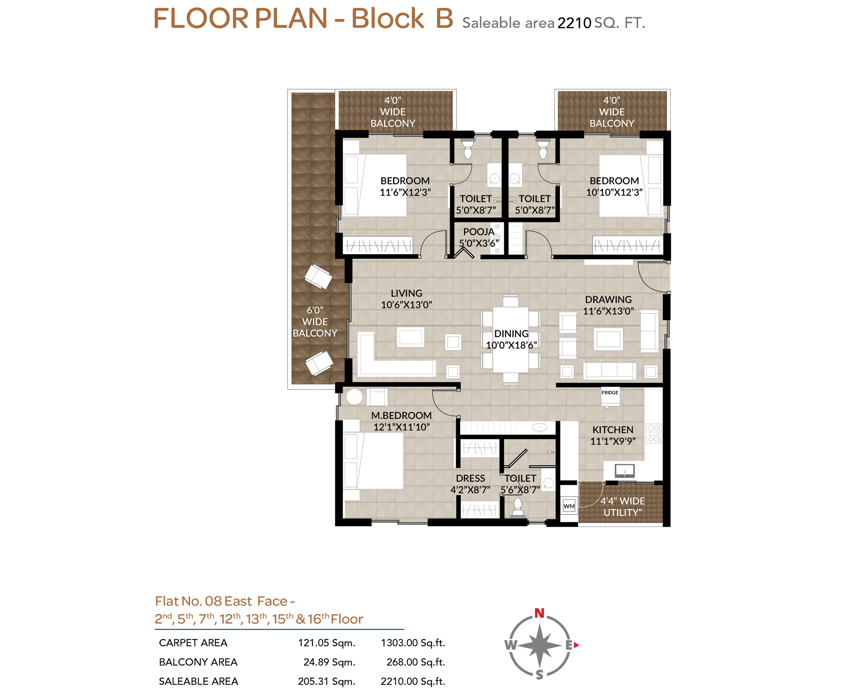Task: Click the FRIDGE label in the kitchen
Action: point(609,393)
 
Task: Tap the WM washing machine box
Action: point(569,506)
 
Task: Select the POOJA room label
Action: point(479,232)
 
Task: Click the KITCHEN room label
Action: point(612,430)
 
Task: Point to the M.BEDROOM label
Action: point(401,416)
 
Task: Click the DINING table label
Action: point(511,334)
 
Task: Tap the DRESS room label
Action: point(470,478)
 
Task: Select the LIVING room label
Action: point(406,293)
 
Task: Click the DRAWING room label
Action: point(608,299)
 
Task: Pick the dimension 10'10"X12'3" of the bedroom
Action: point(614,192)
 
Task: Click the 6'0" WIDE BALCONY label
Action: point(315,321)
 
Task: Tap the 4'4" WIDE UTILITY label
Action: point(623,507)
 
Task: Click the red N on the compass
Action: point(539,613)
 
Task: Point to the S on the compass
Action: point(539,675)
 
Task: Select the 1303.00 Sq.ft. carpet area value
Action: point(413,643)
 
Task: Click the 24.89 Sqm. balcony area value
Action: point(329,662)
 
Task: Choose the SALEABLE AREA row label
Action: point(199,681)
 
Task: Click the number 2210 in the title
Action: point(574,23)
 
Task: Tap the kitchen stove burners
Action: point(653,434)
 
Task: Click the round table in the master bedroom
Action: point(354,397)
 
